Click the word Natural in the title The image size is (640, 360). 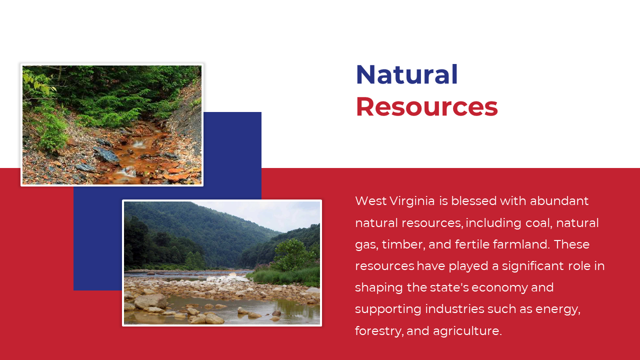[407, 74]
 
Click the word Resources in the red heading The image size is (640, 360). [427, 106]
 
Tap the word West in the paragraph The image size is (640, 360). [371, 201]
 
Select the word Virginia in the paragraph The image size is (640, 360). [412, 201]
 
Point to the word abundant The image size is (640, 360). [559, 201]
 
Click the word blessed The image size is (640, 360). [474, 201]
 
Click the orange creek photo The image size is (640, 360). [112, 125]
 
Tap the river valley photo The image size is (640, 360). [222, 263]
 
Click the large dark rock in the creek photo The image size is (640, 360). [106, 154]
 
